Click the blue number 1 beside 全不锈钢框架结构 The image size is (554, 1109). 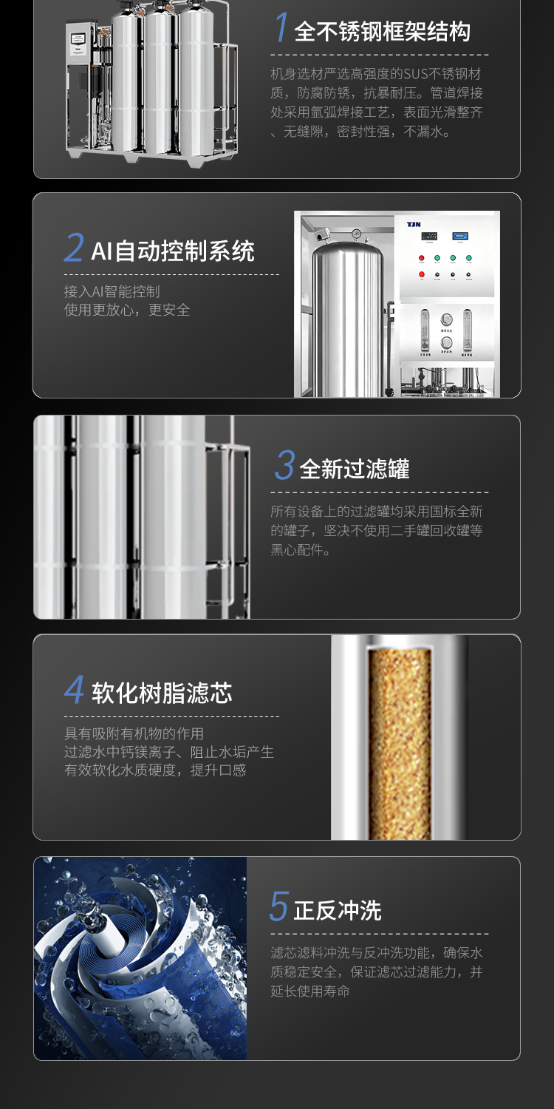281,27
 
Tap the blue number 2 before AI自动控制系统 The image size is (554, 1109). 74,247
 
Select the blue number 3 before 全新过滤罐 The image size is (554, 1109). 285,465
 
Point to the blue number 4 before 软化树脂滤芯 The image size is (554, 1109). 74,689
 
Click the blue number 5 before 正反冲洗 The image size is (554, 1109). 279,906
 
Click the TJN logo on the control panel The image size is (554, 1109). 414,225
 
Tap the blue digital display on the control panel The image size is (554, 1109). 460,236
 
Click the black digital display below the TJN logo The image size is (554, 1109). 429,236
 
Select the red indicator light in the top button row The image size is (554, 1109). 422,258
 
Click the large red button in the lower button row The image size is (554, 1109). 422,274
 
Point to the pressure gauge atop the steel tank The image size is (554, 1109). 355,233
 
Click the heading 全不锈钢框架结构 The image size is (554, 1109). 382,33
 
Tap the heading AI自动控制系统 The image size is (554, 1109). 173,251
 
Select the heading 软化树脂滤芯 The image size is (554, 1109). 162,693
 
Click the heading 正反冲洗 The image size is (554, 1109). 338,910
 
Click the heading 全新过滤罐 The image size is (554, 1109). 354,469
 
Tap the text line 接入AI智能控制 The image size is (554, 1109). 112,291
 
